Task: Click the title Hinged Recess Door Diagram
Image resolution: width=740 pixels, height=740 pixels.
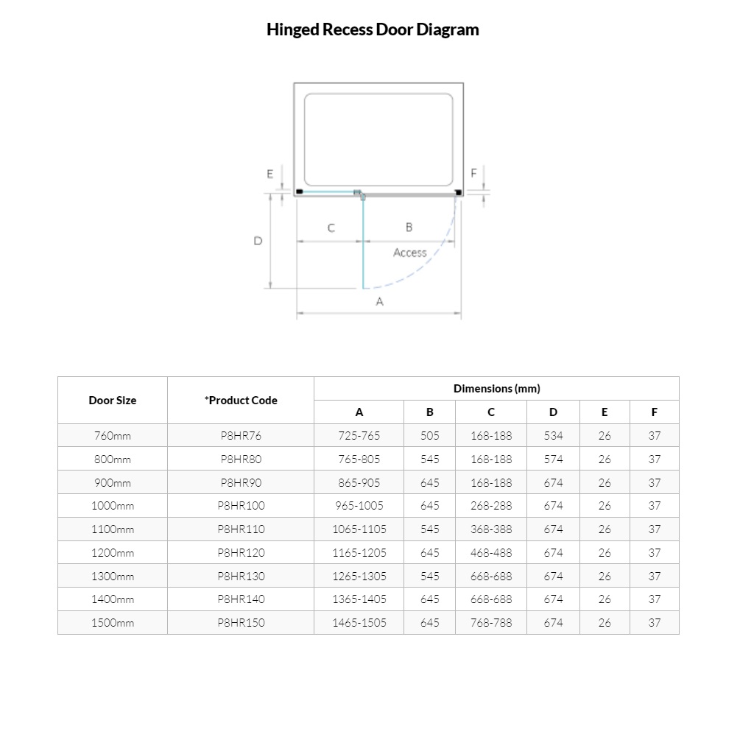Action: (x=373, y=30)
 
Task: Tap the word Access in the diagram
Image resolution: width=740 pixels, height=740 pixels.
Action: (x=409, y=253)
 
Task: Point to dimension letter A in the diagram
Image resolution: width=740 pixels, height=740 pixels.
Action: (x=380, y=301)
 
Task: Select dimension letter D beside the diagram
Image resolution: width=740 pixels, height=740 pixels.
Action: (x=258, y=241)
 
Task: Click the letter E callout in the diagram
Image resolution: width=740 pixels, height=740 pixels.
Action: (x=270, y=175)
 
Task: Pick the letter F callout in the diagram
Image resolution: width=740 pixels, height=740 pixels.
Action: (x=473, y=174)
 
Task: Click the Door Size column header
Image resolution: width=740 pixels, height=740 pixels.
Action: (x=113, y=401)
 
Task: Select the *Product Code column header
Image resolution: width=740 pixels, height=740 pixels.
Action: (x=241, y=401)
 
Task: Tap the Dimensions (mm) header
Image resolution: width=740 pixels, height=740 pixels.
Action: (x=496, y=389)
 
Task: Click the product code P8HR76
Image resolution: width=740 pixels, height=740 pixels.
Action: (x=241, y=436)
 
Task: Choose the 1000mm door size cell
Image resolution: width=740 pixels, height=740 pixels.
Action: (x=113, y=506)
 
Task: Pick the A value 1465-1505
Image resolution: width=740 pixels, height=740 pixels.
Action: (x=359, y=623)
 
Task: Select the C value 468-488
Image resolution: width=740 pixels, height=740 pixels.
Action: (x=491, y=553)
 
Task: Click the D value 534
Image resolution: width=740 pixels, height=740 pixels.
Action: (x=553, y=436)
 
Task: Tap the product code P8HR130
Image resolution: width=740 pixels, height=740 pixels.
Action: (x=241, y=577)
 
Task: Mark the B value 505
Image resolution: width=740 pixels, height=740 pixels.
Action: (x=430, y=436)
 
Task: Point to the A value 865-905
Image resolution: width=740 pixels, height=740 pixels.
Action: (x=359, y=483)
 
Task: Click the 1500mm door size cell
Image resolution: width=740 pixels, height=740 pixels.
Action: (x=113, y=623)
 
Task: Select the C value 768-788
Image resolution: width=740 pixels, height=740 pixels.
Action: (x=491, y=623)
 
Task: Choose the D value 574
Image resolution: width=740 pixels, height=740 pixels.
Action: (x=553, y=459)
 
